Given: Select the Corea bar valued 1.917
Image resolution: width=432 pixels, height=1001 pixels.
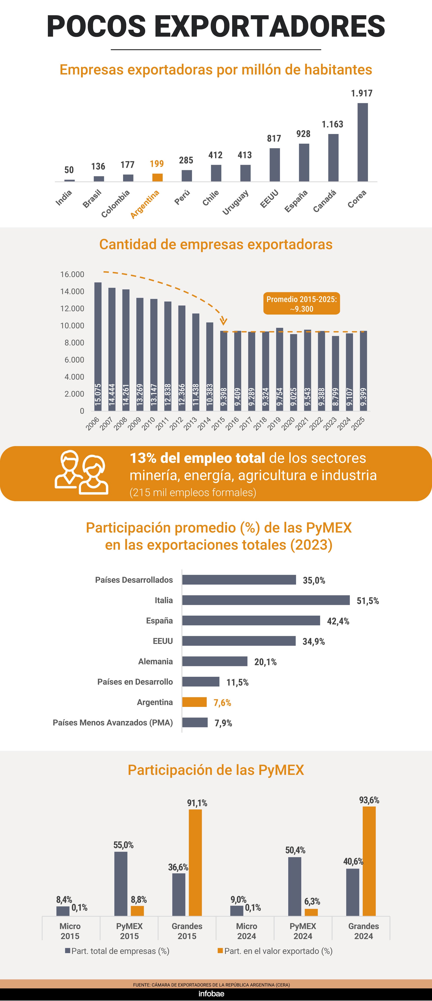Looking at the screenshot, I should coord(362,142).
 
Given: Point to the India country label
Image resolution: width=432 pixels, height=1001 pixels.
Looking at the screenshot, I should coord(64,198).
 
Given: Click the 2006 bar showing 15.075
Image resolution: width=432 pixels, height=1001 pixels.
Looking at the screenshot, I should coord(98,346).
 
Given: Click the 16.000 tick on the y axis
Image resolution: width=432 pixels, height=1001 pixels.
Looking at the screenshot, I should coord(72,274).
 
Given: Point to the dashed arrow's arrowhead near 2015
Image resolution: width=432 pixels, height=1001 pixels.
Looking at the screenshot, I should coord(223,321).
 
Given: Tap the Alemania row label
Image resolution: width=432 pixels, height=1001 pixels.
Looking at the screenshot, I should coord(155,661).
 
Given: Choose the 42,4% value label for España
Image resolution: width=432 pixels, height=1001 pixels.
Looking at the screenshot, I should coord(338,621).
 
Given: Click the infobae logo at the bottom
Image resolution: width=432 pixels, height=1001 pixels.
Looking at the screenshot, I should coord(211,994).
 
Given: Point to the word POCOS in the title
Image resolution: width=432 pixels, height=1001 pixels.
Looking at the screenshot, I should coord(96,27).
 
